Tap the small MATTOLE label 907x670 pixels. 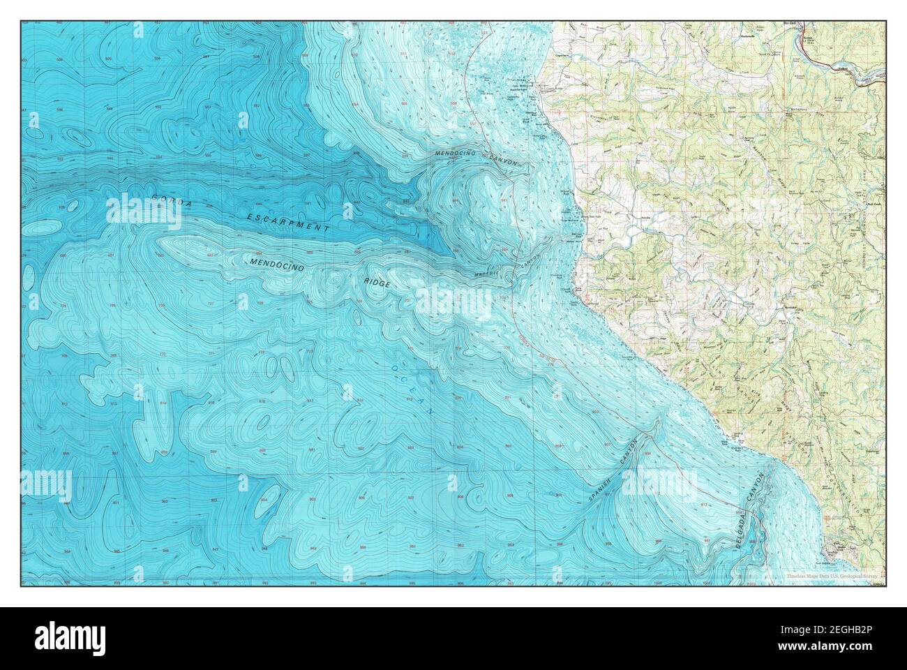tap(487, 273)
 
